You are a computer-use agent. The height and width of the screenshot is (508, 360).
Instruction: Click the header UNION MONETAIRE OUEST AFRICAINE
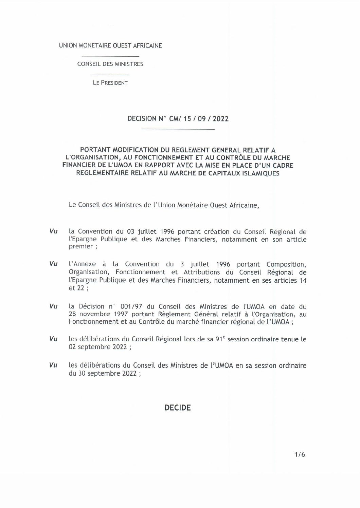point(110,45)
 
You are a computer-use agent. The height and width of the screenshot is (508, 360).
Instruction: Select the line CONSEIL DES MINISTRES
point(110,64)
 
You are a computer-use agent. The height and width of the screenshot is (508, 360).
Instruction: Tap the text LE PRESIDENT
point(110,82)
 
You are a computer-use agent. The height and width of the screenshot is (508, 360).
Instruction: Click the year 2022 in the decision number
point(220,119)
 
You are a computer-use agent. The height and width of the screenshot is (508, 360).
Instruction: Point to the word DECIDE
point(178,408)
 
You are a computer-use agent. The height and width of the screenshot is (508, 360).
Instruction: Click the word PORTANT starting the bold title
point(94,149)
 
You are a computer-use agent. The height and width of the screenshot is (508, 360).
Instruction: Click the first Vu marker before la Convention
point(53,232)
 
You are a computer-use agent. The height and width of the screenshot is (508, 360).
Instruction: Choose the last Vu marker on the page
point(53,366)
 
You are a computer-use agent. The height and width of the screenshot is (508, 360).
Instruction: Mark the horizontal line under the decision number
point(178,129)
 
